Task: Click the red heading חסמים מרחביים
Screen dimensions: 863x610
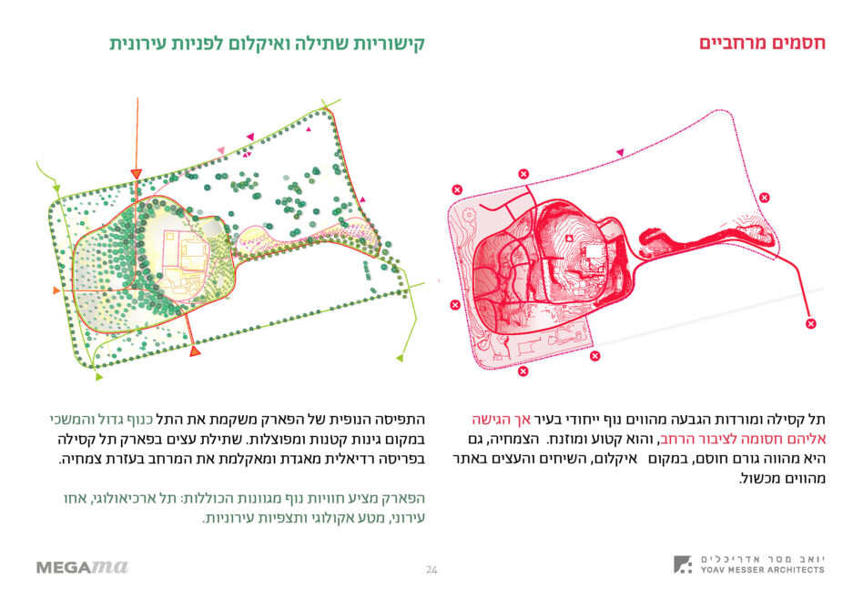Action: point(762,43)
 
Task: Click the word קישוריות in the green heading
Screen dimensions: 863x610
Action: point(389,44)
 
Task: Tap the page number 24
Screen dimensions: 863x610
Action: point(431,569)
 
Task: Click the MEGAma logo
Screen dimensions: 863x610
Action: point(82,566)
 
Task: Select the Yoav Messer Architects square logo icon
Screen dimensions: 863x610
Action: point(683,564)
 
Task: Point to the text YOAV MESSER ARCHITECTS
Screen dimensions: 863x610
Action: point(762,570)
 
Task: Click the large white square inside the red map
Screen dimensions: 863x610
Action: point(594,251)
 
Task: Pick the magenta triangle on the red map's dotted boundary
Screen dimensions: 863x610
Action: point(620,152)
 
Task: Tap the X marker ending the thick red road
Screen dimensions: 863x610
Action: point(811,323)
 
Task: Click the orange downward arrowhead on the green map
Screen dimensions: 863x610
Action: point(136,174)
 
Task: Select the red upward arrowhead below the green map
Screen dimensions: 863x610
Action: point(195,351)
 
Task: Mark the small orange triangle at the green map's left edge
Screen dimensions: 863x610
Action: point(56,290)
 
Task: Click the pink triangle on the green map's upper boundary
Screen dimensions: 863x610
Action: point(221,150)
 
